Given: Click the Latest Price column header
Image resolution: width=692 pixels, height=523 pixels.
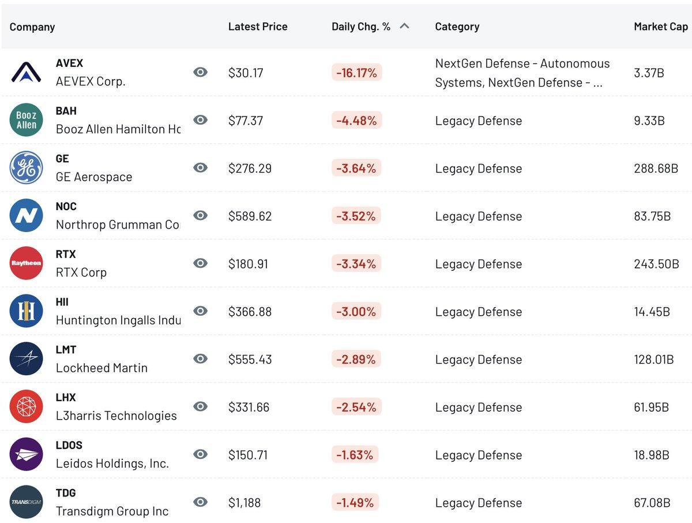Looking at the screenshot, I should click(257, 27).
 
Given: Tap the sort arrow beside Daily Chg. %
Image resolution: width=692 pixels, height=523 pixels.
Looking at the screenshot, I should click(404, 26).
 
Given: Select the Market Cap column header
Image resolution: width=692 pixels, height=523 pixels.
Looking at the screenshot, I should click(660, 27).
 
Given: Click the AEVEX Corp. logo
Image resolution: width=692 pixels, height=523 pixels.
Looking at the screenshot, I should click(26, 72).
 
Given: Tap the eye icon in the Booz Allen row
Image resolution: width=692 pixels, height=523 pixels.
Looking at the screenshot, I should click(200, 120).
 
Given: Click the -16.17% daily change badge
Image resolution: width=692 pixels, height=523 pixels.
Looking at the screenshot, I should click(356, 73).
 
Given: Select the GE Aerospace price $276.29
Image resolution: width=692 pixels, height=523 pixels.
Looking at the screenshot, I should click(250, 169).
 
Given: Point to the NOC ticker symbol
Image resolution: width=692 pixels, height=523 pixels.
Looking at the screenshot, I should click(66, 206).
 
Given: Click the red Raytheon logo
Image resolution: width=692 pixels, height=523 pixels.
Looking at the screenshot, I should click(26, 263).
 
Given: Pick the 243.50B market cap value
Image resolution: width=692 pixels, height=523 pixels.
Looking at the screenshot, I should click(656, 264).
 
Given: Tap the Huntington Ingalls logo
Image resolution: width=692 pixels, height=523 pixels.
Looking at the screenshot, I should click(26, 311).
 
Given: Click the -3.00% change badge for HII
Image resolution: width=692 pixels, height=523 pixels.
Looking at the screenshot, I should click(356, 312).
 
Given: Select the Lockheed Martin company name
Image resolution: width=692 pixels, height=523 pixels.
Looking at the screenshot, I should click(101, 368).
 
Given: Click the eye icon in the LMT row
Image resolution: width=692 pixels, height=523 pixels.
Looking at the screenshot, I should click(200, 359).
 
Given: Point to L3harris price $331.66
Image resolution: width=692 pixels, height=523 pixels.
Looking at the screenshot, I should click(249, 407).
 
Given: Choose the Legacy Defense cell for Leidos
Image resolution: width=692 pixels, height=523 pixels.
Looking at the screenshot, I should click(478, 455).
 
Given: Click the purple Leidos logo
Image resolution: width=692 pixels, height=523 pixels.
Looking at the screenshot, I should click(26, 454).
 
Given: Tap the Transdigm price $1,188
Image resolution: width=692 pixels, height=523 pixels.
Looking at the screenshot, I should click(245, 503).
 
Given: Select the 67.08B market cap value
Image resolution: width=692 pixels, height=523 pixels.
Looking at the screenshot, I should click(652, 503).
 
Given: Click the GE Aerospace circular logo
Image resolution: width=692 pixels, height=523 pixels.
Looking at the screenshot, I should click(26, 168).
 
